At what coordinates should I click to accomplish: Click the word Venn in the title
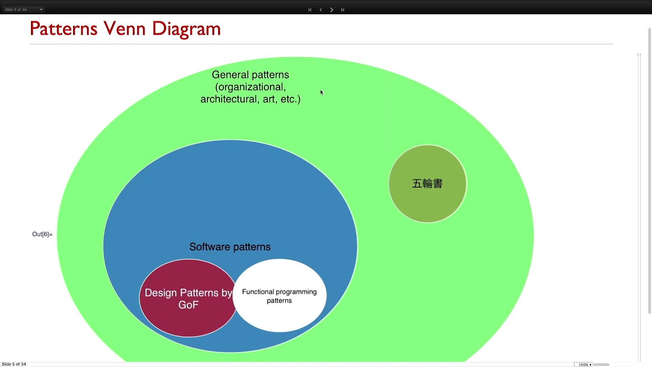(x=124, y=29)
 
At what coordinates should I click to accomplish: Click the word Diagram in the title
(x=186, y=29)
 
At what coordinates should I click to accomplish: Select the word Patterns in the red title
(x=63, y=29)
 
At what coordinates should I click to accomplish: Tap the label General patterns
(x=250, y=75)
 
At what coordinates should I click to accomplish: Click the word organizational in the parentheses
(x=250, y=87)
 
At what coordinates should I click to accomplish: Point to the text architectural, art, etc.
(x=250, y=99)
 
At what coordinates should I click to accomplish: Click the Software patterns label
(x=230, y=247)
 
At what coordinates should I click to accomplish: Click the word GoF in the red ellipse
(x=188, y=305)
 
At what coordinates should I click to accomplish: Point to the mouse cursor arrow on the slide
(x=321, y=92)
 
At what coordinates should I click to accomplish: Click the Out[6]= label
(x=42, y=234)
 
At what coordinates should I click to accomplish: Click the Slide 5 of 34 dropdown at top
(x=23, y=9)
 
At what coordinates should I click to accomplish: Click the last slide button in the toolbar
(x=342, y=10)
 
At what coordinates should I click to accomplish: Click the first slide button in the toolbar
(x=310, y=10)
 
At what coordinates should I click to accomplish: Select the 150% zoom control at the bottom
(x=584, y=364)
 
